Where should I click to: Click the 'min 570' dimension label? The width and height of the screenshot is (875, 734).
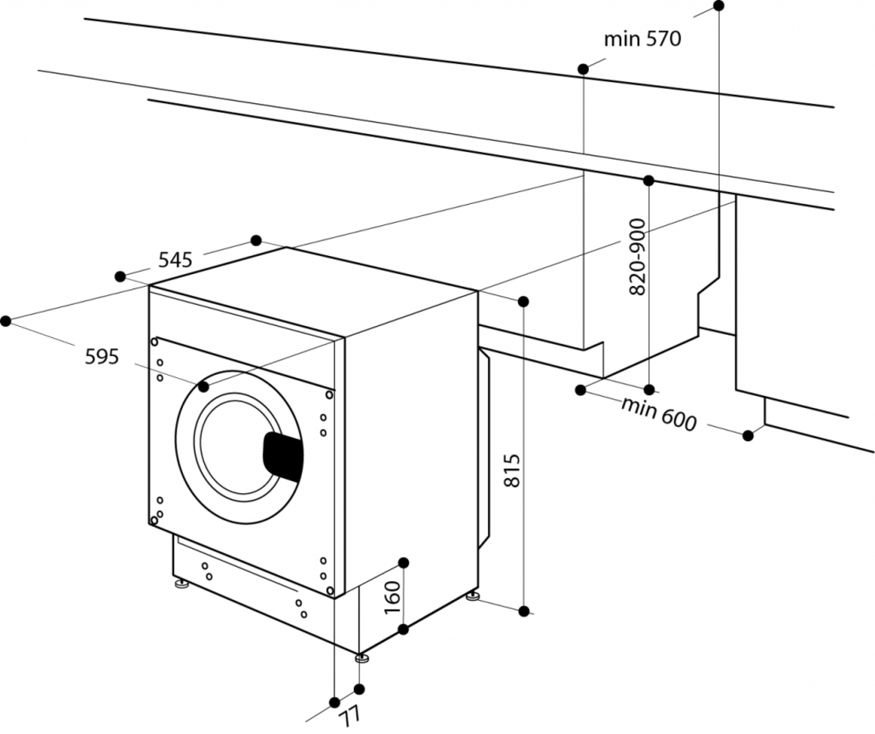pos(641,39)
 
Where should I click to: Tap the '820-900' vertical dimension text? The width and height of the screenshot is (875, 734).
pos(638,258)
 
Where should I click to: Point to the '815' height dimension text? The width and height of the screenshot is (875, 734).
pos(511,471)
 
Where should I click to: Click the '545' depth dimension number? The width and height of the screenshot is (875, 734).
pos(175,259)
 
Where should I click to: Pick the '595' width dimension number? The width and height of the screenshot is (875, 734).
pos(102,357)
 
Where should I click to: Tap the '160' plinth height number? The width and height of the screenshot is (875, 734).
pos(393,598)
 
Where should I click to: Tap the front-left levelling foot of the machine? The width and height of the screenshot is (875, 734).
pos(181,584)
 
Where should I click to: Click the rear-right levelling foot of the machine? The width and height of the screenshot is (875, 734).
pos(473,597)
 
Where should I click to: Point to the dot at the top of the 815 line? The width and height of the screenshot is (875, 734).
pos(523,302)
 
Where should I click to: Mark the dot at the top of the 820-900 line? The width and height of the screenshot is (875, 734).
pos(649,180)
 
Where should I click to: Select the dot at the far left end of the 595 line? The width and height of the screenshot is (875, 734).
pos(6,321)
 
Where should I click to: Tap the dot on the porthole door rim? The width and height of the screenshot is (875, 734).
pos(204,387)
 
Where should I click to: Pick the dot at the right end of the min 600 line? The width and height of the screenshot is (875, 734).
pos(748,435)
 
